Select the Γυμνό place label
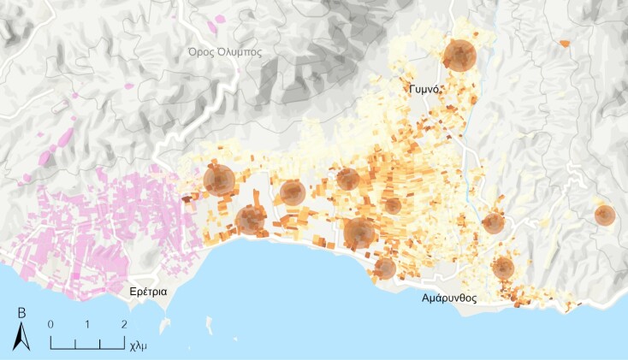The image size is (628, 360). pyautogui.click(x=424, y=88)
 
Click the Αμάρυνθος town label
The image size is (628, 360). pyautogui.click(x=448, y=298)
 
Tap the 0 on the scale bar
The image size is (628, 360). pyautogui.click(x=51, y=325)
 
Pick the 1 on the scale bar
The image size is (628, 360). pyautogui.click(x=88, y=325)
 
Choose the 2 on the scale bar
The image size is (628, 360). pyautogui.click(x=124, y=325)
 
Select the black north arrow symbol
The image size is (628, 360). pyautogui.click(x=21, y=339)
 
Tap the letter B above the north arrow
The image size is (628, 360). pyautogui.click(x=21, y=314)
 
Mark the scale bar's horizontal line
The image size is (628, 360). pyautogui.click(x=87, y=346)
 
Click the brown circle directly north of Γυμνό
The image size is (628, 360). pyautogui.click(x=459, y=55)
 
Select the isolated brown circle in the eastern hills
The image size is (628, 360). pyautogui.click(x=605, y=215)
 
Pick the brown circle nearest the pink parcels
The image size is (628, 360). pyautogui.click(x=219, y=180)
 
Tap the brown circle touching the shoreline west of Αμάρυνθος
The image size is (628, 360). pyautogui.click(x=385, y=269)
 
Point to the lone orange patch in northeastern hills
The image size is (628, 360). pyautogui.click(x=564, y=42)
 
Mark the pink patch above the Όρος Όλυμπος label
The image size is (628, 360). pyautogui.click(x=221, y=18)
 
